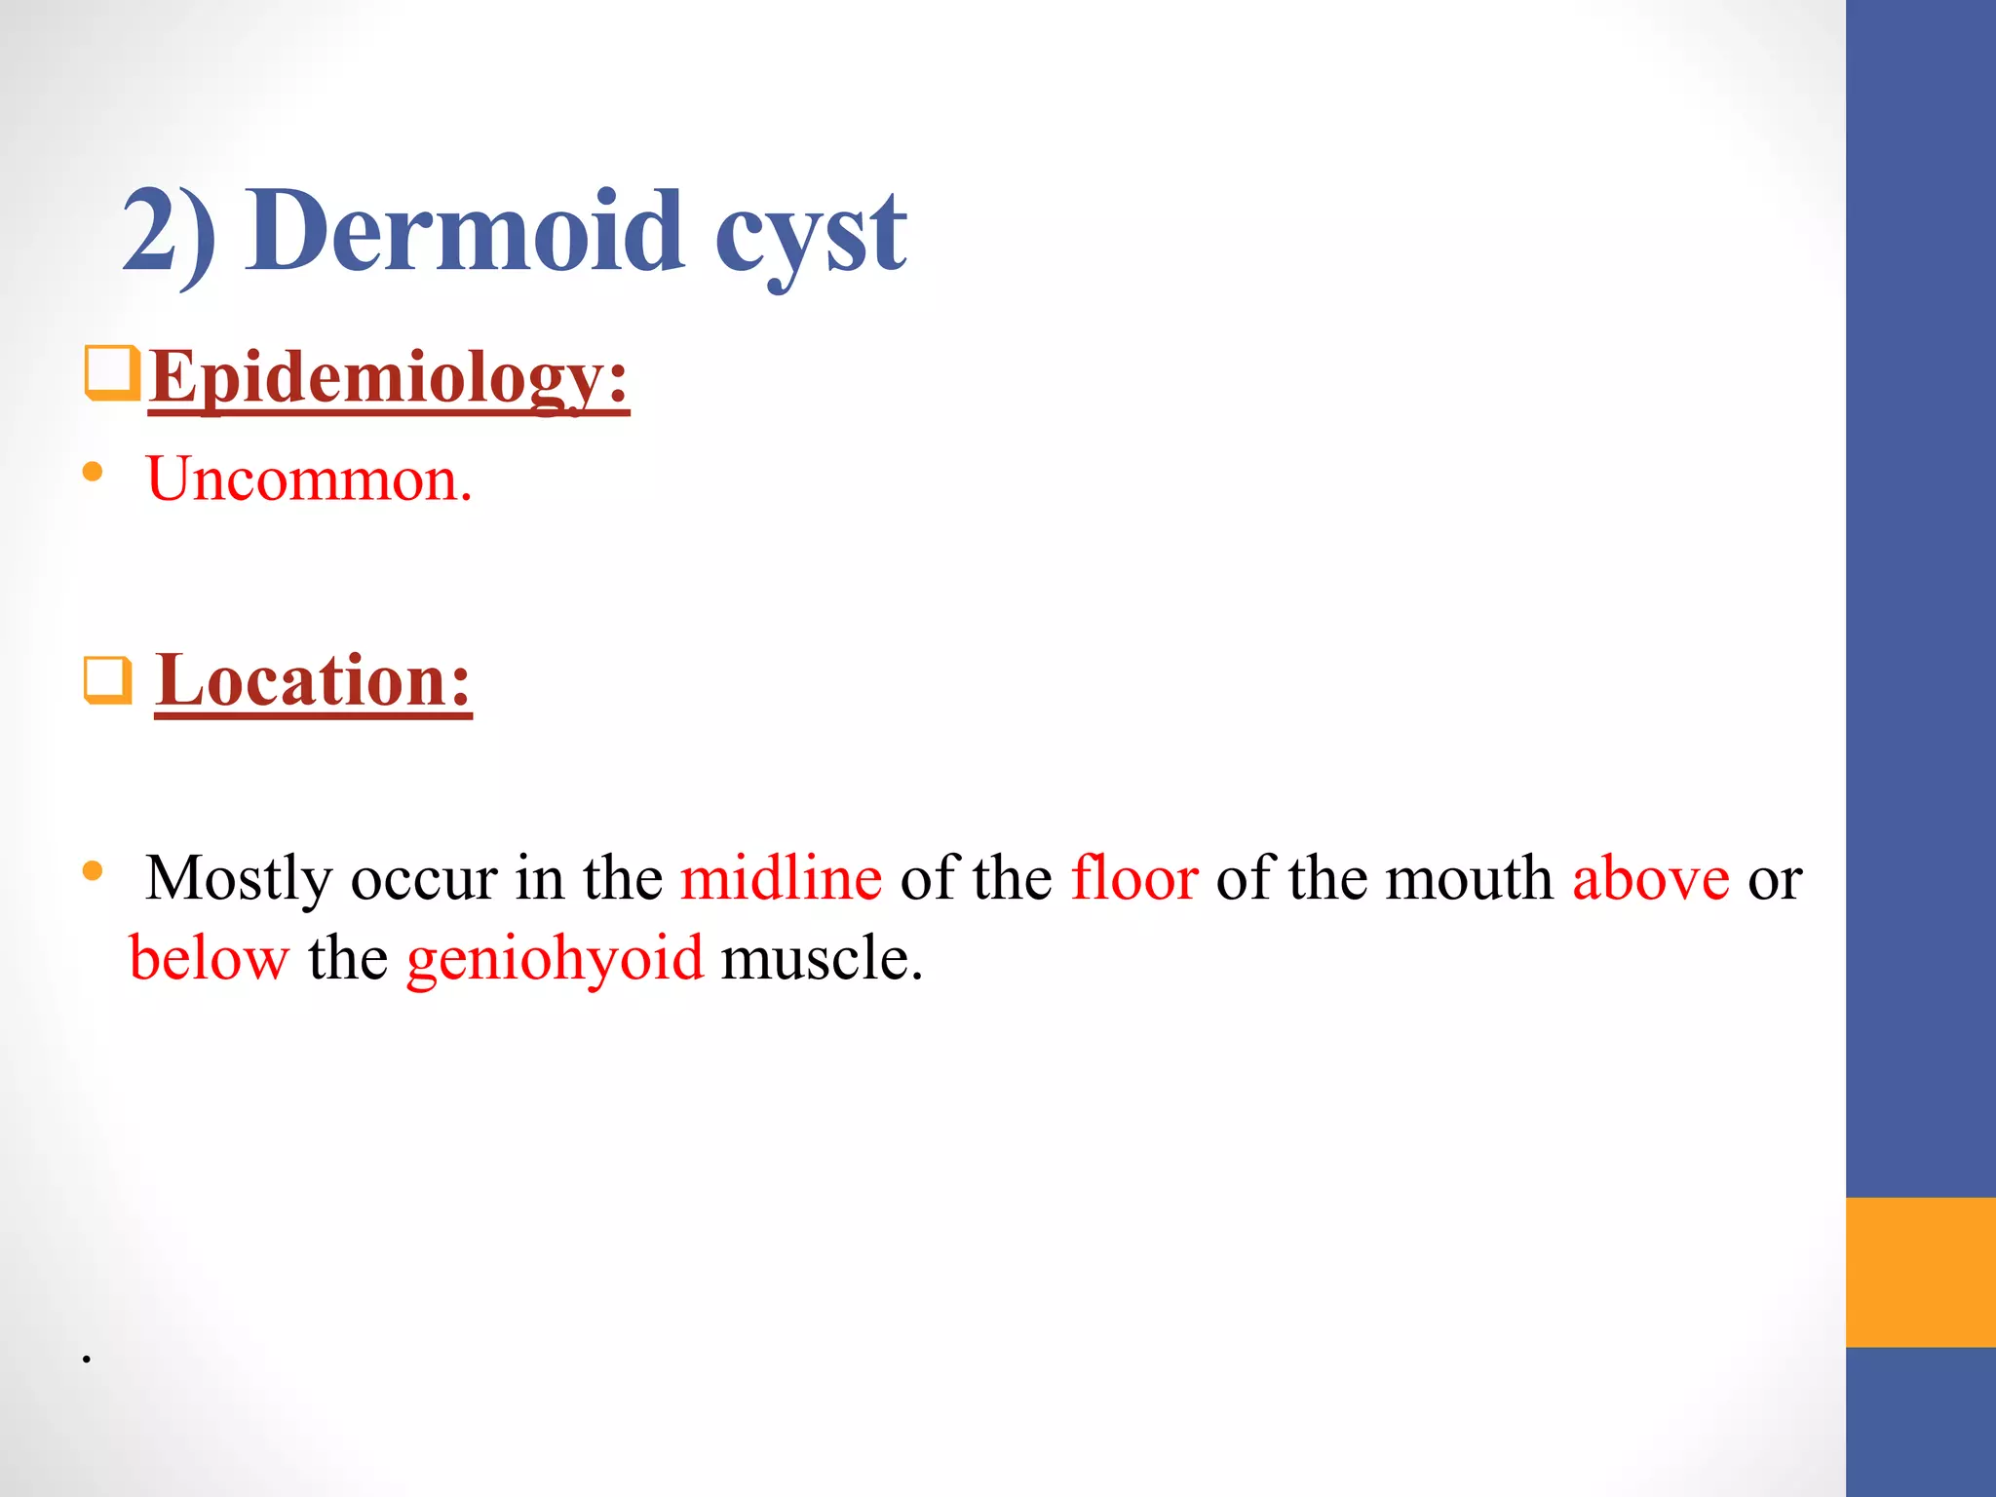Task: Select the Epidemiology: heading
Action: point(389,378)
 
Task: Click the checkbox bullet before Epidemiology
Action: point(112,372)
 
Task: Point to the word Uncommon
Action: point(309,480)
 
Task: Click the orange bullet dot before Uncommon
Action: point(94,473)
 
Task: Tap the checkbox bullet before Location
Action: point(107,680)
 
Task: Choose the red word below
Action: point(209,958)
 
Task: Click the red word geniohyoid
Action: point(555,960)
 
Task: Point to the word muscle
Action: point(821,958)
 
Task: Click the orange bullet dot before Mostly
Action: point(94,870)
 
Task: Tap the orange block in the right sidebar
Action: point(1920,1272)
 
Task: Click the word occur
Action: point(424,879)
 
